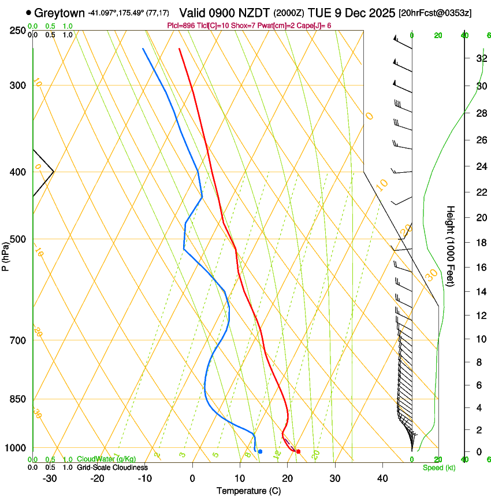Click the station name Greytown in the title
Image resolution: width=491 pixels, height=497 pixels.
pyautogui.click(x=59, y=13)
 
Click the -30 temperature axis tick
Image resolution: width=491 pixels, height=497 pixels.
pyautogui.click(x=50, y=479)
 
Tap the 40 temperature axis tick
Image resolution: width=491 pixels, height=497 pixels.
pyautogui.click(x=382, y=479)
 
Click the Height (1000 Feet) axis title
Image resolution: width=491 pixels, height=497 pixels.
pyautogui.click(x=451, y=245)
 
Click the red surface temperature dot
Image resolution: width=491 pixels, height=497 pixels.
pyautogui.click(x=298, y=451)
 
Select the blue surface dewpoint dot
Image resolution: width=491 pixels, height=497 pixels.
pyautogui.click(x=260, y=451)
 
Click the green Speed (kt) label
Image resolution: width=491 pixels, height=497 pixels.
pyautogui.click(x=438, y=468)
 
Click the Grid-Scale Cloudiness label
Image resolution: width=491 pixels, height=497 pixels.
pyautogui.click(x=111, y=468)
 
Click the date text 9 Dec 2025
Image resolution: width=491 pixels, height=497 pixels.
pyautogui.click(x=362, y=13)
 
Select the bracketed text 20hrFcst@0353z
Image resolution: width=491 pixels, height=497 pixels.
pyautogui.click(x=434, y=13)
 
